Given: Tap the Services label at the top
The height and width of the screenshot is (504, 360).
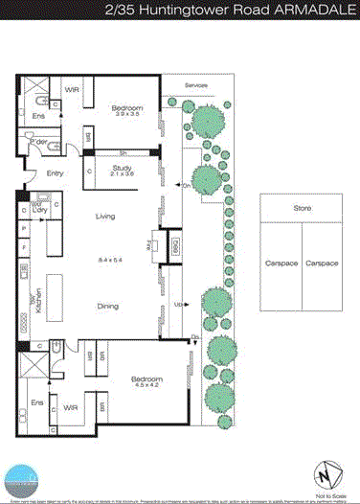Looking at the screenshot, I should click(x=196, y=84).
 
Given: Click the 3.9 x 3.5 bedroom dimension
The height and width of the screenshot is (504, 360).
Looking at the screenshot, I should click(x=126, y=115).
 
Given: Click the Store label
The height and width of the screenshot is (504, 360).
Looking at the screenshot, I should click(x=302, y=208).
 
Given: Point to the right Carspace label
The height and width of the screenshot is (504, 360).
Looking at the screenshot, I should click(x=323, y=262).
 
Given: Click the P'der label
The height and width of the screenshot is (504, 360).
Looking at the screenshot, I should click(x=40, y=142).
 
